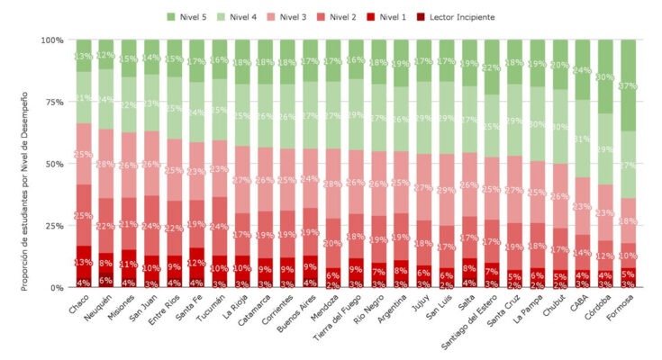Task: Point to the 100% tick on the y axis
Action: coord(51,40)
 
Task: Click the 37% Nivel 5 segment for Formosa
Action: coord(630,85)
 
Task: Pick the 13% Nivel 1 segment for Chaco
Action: coord(84,261)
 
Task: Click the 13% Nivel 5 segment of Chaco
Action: coord(84,56)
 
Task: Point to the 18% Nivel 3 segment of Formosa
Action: coord(630,220)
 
